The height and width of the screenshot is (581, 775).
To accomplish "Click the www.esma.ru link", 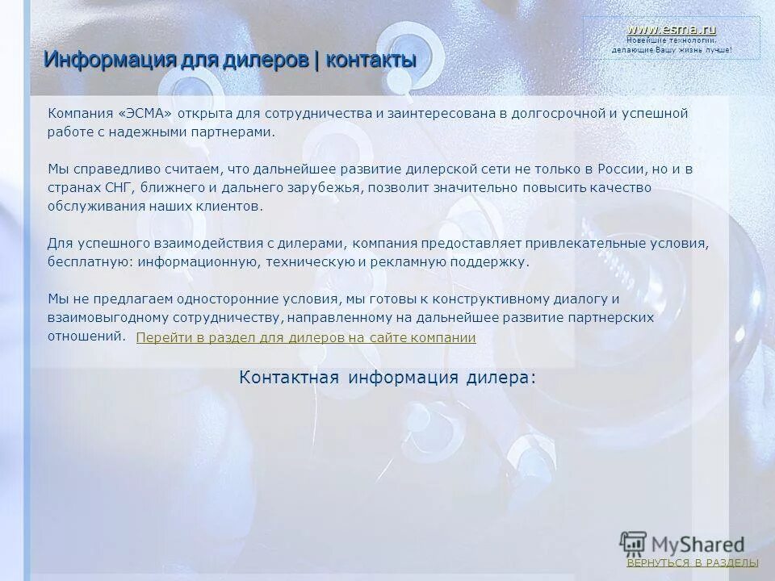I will click(672, 29).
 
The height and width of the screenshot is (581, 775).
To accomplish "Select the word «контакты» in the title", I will click(368, 60).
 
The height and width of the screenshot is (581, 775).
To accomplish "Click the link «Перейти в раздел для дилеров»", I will click(306, 337).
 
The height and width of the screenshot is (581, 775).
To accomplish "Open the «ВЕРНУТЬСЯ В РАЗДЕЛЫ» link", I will click(693, 562).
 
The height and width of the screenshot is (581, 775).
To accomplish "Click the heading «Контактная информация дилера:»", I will click(387, 378).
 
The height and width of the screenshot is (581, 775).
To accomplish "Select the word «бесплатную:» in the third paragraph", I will click(90, 261).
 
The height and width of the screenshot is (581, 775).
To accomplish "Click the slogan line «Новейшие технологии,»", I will click(672, 40).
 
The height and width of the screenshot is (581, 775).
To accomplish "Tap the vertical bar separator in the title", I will click(316, 60).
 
